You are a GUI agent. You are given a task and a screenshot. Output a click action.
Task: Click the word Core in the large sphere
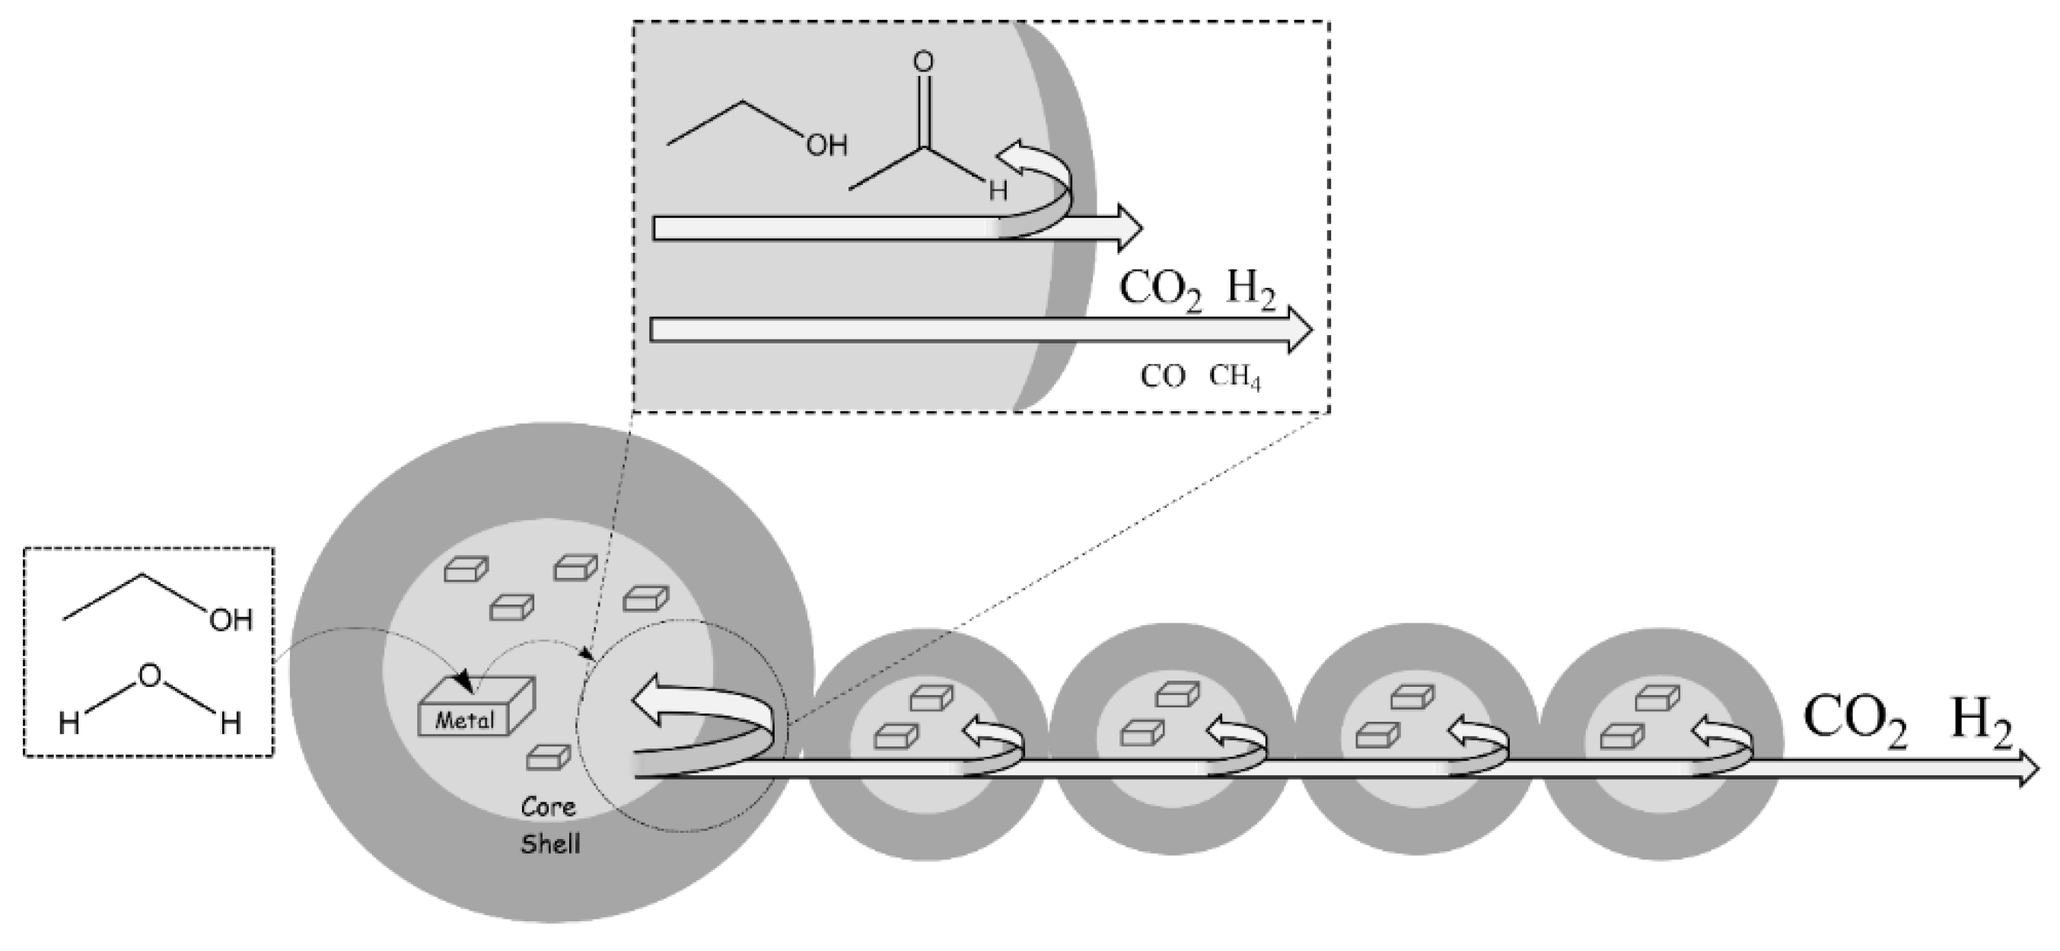click(549, 806)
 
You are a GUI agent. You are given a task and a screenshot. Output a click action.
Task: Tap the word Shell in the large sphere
click(550, 844)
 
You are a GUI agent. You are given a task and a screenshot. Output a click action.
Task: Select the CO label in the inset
click(1162, 377)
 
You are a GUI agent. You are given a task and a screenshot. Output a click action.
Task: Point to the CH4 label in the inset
click(1234, 377)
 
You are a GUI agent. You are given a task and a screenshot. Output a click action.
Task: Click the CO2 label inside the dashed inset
click(1160, 289)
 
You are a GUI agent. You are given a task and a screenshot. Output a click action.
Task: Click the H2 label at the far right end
click(1982, 722)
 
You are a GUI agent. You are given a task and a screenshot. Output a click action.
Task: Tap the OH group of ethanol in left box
click(231, 620)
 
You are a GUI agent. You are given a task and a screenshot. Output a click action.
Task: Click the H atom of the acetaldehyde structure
click(997, 191)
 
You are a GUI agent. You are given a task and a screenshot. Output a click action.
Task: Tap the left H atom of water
click(68, 724)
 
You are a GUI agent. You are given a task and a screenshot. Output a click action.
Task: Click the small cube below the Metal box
click(548, 757)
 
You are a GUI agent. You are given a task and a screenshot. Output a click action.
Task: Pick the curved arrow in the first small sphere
click(994, 741)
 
